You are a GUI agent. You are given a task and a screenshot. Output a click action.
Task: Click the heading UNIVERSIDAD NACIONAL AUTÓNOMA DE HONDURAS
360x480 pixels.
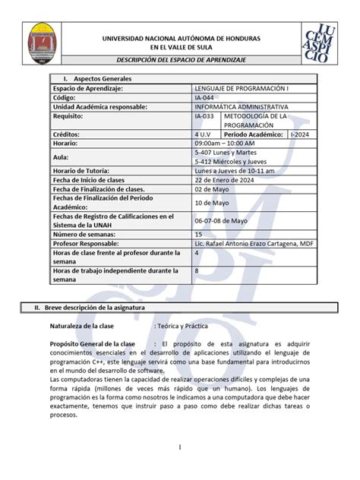pyautogui.click(x=176, y=38)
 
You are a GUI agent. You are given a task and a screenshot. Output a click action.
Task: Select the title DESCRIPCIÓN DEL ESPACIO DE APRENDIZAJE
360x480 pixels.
pyautogui.click(x=177, y=61)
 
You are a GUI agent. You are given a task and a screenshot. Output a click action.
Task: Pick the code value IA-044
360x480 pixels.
pyautogui.click(x=204, y=98)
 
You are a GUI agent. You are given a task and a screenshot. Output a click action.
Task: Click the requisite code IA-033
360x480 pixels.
pyautogui.click(x=204, y=116)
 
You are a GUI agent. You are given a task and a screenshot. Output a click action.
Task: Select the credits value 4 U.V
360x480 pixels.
pyautogui.click(x=203, y=134)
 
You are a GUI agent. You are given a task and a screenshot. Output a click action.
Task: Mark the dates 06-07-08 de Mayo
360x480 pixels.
pyautogui.click(x=221, y=221)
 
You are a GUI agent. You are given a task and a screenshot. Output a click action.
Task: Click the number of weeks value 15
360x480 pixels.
pyautogui.click(x=198, y=235)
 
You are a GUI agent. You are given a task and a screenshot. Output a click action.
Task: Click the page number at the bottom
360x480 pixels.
pyautogui.click(x=180, y=448)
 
